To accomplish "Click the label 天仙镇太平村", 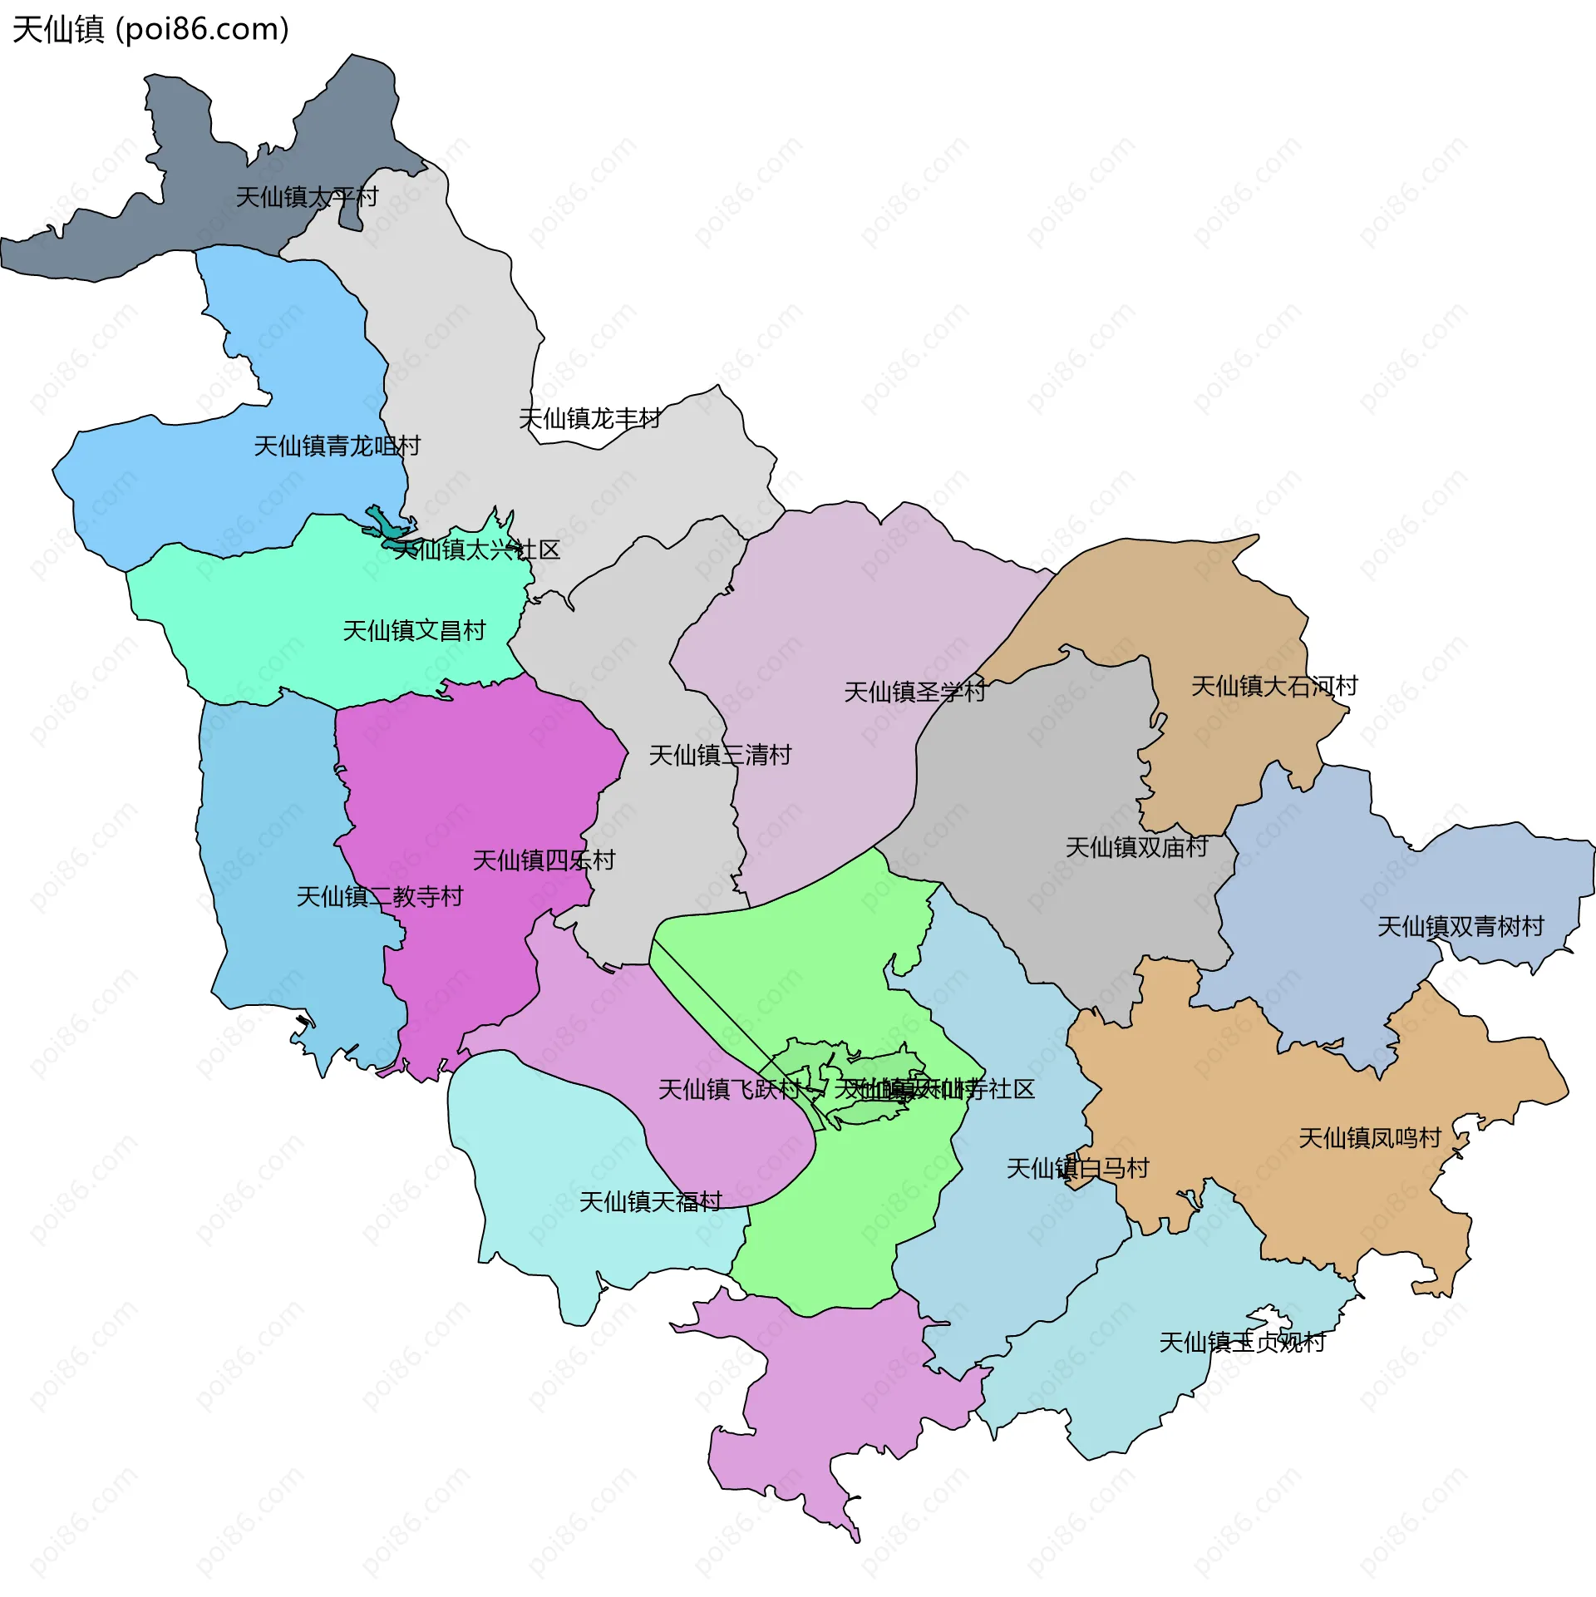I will click(x=307, y=198).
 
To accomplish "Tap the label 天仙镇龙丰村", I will click(x=589, y=419).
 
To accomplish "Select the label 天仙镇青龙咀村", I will click(x=337, y=446).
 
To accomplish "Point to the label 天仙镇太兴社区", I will click(x=476, y=550).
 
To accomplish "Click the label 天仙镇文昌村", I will click(x=414, y=631).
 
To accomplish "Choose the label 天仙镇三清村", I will click(x=720, y=756).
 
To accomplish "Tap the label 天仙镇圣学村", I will click(x=914, y=692).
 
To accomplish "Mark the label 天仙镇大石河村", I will click(x=1274, y=687).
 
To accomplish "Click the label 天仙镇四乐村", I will click(x=544, y=860).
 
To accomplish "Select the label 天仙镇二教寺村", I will click(x=380, y=897).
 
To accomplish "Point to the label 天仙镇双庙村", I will click(x=1136, y=848).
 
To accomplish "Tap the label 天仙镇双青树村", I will click(x=1461, y=927).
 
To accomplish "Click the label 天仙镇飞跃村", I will click(x=730, y=1090).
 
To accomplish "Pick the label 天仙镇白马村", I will click(x=1077, y=1169).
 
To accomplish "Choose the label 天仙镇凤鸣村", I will click(x=1369, y=1138).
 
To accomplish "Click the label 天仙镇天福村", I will click(x=650, y=1202).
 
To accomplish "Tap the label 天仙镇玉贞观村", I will click(x=1242, y=1343).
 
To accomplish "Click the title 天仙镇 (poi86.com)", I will click(x=150, y=30).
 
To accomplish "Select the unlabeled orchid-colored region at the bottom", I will click(x=831, y=1413).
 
